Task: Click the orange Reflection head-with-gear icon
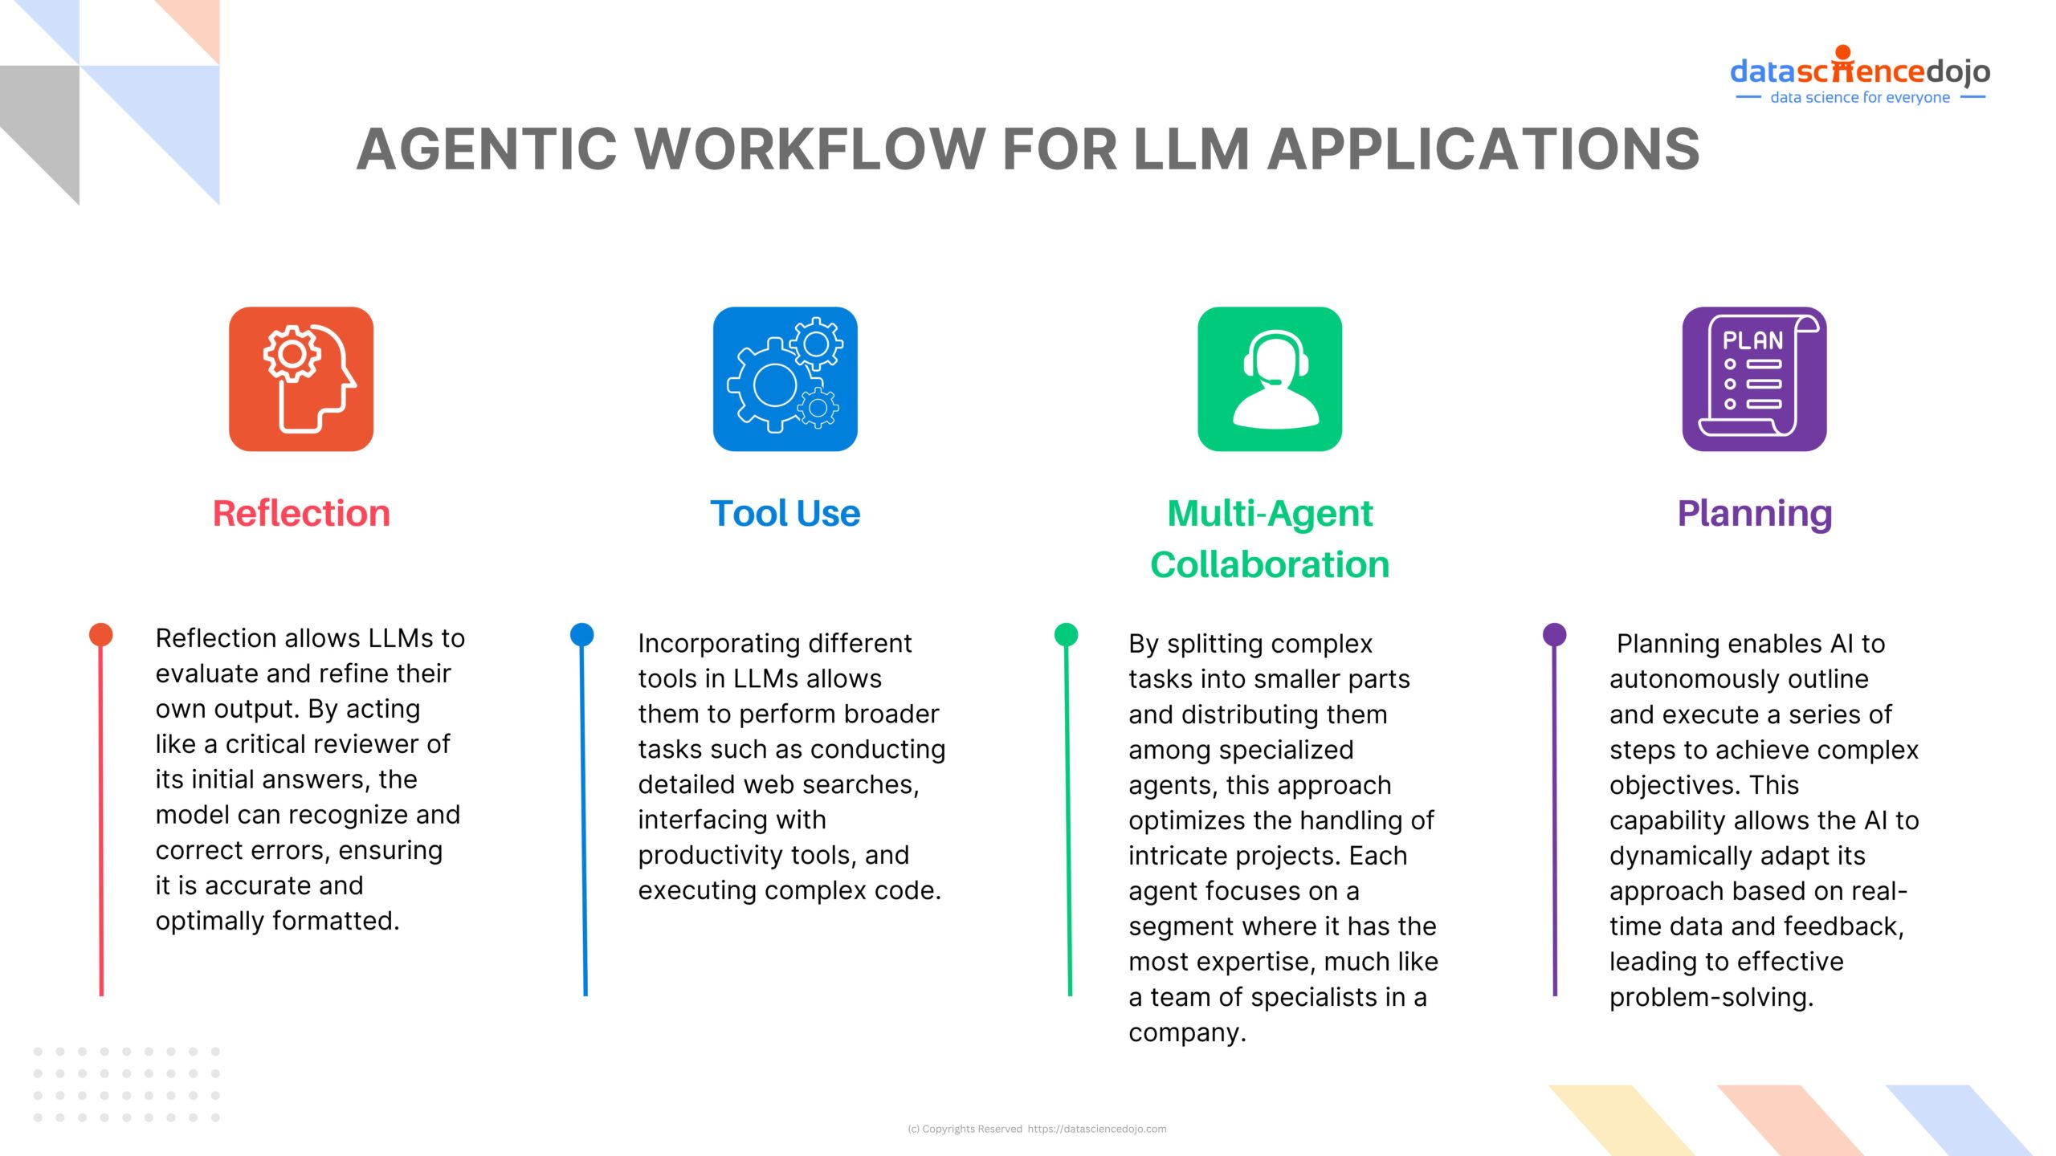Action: [x=301, y=379]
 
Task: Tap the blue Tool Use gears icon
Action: [x=785, y=379]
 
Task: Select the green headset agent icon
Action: [x=1270, y=379]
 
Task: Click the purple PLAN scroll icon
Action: [x=1754, y=379]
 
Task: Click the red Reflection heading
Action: [x=301, y=513]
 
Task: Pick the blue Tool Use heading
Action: [x=785, y=513]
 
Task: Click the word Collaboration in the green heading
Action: [x=1270, y=564]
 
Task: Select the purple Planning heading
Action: [x=1754, y=513]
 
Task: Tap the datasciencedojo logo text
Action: [x=1859, y=71]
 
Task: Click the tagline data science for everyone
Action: [x=1859, y=97]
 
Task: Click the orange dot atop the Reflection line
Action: [x=100, y=634]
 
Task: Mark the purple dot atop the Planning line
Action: [x=1555, y=634]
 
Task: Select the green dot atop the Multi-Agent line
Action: [x=1066, y=634]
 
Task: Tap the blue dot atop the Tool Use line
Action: [x=581, y=634]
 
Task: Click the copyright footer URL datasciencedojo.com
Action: [x=1096, y=1129]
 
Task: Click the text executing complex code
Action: [x=788, y=890]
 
